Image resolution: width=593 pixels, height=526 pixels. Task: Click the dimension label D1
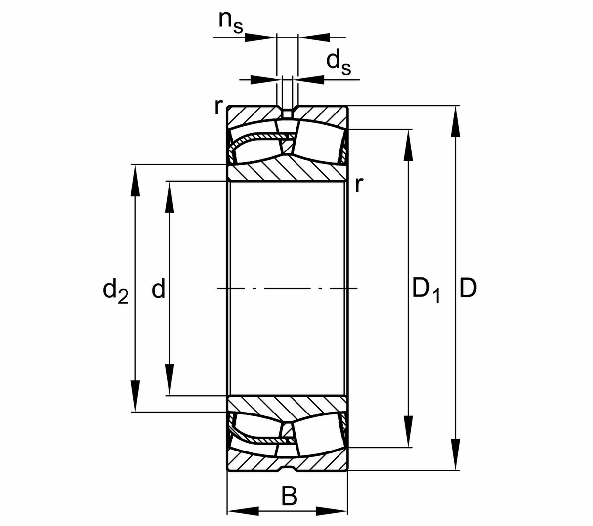tap(425, 290)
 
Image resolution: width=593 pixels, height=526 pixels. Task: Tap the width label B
tap(289, 496)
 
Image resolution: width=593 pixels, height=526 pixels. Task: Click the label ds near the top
tap(339, 62)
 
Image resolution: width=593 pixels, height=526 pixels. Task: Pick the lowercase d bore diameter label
tap(158, 289)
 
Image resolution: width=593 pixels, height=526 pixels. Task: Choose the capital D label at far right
tap(467, 288)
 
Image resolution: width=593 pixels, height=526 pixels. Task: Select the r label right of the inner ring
tap(359, 185)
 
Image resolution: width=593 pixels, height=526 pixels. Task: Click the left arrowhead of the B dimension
tap(243, 510)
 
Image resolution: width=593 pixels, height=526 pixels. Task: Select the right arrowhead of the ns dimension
tap(314, 37)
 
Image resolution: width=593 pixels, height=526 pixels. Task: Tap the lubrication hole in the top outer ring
tap(287, 112)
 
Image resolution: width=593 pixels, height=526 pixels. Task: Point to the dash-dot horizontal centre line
tap(287, 288)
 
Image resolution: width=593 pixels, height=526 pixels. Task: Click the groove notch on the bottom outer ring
tap(287, 467)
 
